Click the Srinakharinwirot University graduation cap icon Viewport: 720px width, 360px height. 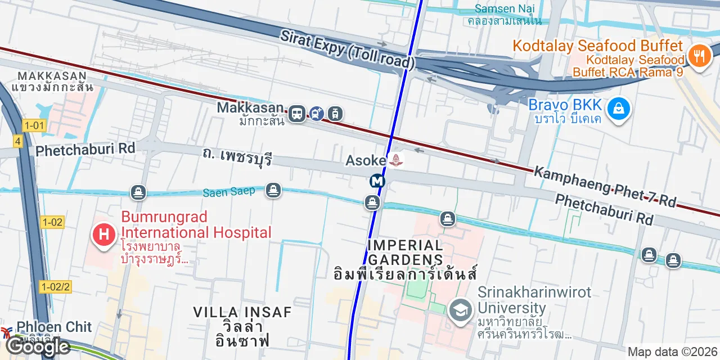pyautogui.click(x=461, y=310)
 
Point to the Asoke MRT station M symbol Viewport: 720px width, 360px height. pyautogui.click(x=377, y=181)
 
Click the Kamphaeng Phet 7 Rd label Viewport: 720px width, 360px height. pyautogui.click(x=605, y=186)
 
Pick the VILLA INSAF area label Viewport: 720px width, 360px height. pyautogui.click(x=242, y=312)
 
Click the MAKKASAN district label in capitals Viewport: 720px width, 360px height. pyautogui.click(x=52, y=76)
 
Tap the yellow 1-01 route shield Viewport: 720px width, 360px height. pyautogui.click(x=34, y=125)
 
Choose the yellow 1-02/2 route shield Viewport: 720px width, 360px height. pyautogui.click(x=56, y=287)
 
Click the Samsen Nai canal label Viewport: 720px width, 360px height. pyautogui.click(x=505, y=9)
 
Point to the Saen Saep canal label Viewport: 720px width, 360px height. pyautogui.click(x=228, y=192)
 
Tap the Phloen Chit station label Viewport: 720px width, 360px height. pyautogui.click(x=54, y=327)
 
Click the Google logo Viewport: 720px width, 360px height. pyautogui.click(x=37, y=347)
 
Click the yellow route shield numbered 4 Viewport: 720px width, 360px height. pyautogui.click(x=18, y=141)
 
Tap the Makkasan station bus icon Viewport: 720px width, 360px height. pyautogui.click(x=297, y=114)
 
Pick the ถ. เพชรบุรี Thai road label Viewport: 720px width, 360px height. pyautogui.click(x=237, y=156)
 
